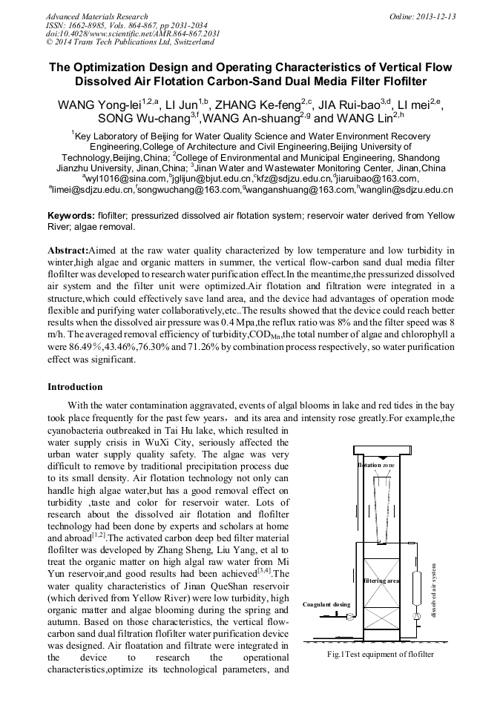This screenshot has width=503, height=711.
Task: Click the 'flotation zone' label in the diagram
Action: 377,465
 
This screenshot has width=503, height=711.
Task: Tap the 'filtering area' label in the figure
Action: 382,581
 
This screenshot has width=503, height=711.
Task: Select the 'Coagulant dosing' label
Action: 326,604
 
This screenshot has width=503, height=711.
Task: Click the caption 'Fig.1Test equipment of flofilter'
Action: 380,654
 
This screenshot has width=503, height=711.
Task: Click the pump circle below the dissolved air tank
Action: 417,615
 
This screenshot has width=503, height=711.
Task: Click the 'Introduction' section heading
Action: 75,387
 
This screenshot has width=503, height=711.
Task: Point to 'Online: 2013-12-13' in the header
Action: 422,16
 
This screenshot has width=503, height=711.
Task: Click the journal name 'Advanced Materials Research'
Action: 96,16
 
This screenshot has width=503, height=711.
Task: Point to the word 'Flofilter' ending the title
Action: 401,81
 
